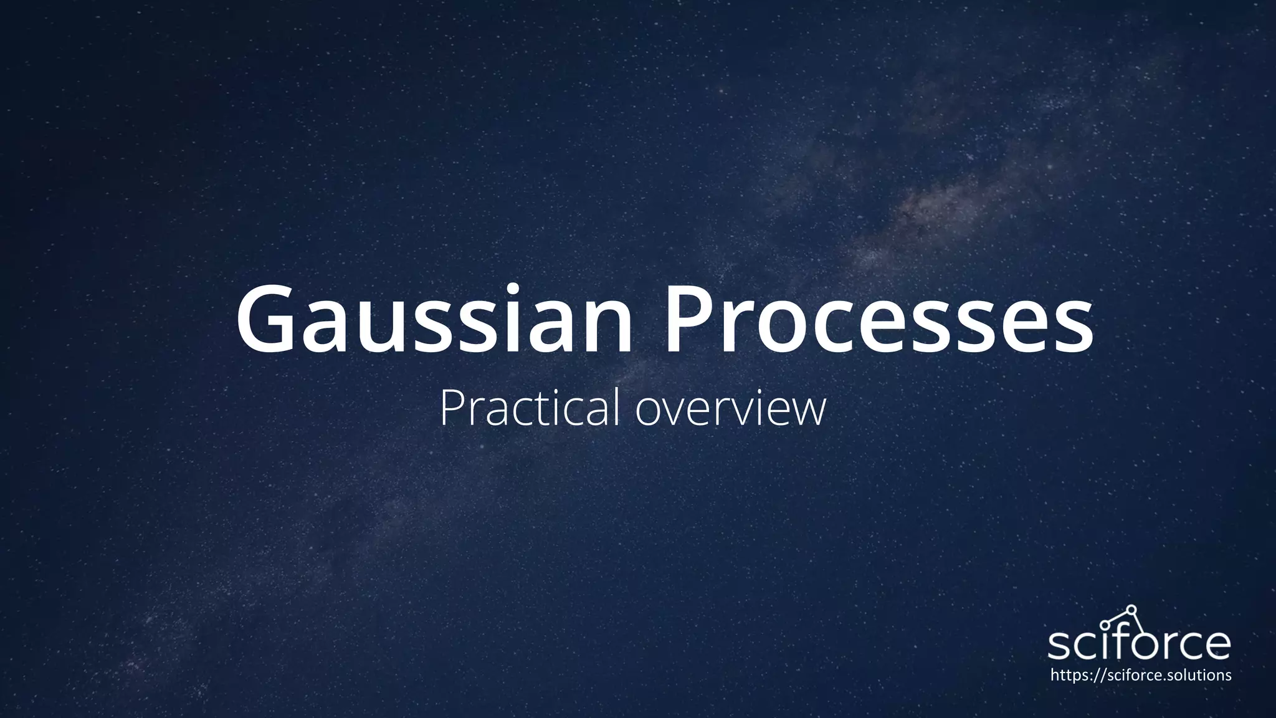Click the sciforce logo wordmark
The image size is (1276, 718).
(1139, 642)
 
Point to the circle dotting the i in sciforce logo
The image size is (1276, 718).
(1104, 625)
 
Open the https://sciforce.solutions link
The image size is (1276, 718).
(1140, 675)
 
